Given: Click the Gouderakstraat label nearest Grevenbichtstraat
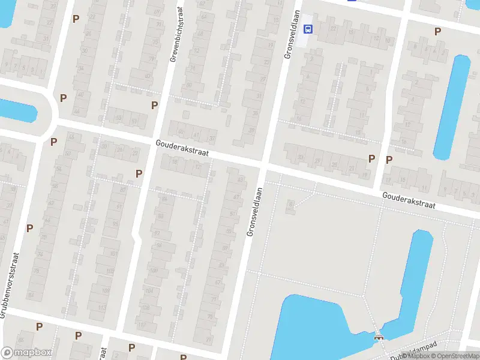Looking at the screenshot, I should pos(182,149).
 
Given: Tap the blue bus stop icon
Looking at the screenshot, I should pos(308,28).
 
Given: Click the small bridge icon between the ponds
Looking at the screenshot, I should pos(378,337).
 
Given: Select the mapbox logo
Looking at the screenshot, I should pos(26,353).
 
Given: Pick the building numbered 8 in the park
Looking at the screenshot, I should pos(291,205).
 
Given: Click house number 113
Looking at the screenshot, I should pos(101,308).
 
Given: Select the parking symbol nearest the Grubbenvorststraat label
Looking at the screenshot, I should pos(29,228).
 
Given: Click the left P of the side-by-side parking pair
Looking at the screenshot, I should pos(371,158).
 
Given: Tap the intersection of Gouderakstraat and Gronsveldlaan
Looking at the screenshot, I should pos(265,164).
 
